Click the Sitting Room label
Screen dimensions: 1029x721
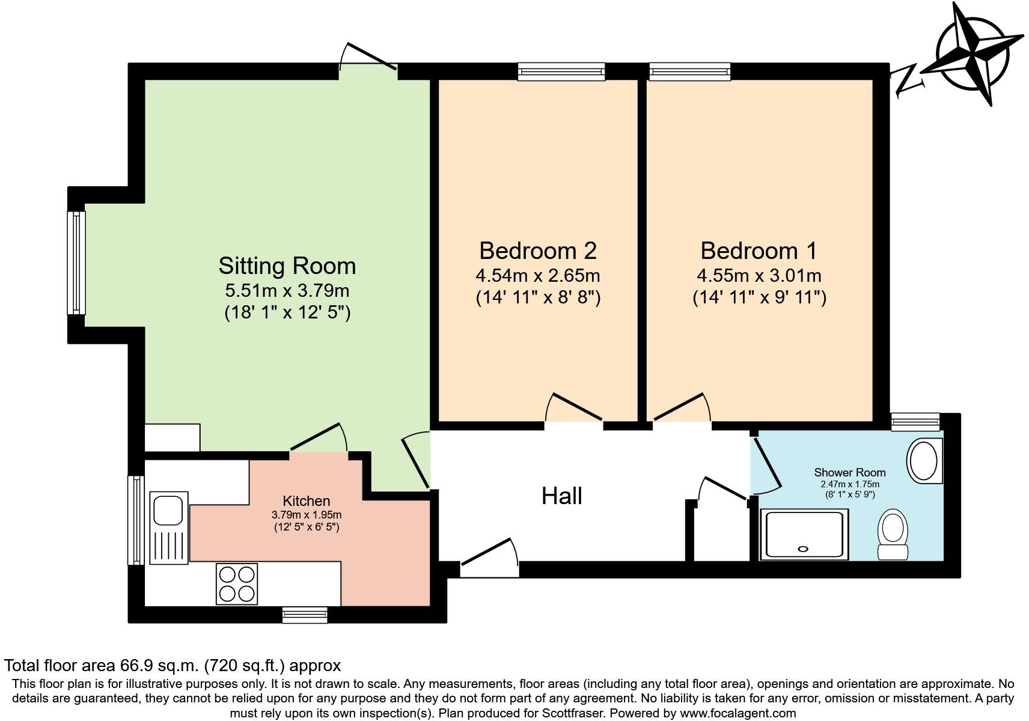(287, 266)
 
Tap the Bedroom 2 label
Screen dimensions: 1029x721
(538, 251)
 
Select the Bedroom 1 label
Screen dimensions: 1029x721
(759, 251)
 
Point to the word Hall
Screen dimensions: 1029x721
(562, 496)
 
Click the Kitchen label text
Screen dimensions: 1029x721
(307, 500)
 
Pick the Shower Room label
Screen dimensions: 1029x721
(850, 472)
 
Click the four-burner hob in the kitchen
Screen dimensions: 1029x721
(237, 583)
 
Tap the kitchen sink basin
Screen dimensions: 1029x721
(168, 510)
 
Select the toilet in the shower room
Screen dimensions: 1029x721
(893, 535)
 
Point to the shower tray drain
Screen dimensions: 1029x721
(803, 549)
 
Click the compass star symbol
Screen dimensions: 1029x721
(973, 54)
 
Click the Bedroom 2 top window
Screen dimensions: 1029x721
(561, 71)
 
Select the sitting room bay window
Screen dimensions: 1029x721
(76, 263)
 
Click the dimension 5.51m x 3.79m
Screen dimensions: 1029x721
(287, 290)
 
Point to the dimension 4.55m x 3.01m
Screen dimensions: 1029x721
(759, 275)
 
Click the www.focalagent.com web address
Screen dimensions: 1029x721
(737, 713)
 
